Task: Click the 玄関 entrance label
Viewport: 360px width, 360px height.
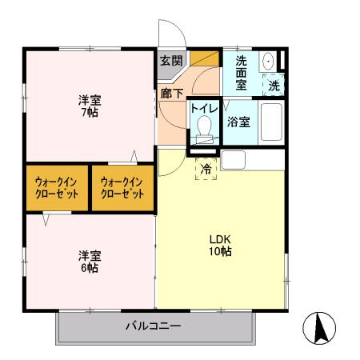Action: click(170, 60)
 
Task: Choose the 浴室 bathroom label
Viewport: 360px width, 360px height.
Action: click(238, 122)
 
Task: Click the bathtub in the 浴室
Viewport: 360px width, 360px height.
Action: click(272, 123)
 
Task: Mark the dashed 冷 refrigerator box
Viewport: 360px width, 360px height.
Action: click(206, 168)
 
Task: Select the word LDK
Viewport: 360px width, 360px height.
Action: click(220, 238)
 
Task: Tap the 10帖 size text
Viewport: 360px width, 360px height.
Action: click(221, 251)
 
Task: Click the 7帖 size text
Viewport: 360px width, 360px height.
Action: click(88, 112)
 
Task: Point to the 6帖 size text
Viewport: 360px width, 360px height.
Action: click(88, 269)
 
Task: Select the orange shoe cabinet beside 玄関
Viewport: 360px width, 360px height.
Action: click(208, 58)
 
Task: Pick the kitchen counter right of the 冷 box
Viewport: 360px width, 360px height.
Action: click(252, 159)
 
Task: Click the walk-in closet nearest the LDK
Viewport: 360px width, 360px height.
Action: click(122, 188)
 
